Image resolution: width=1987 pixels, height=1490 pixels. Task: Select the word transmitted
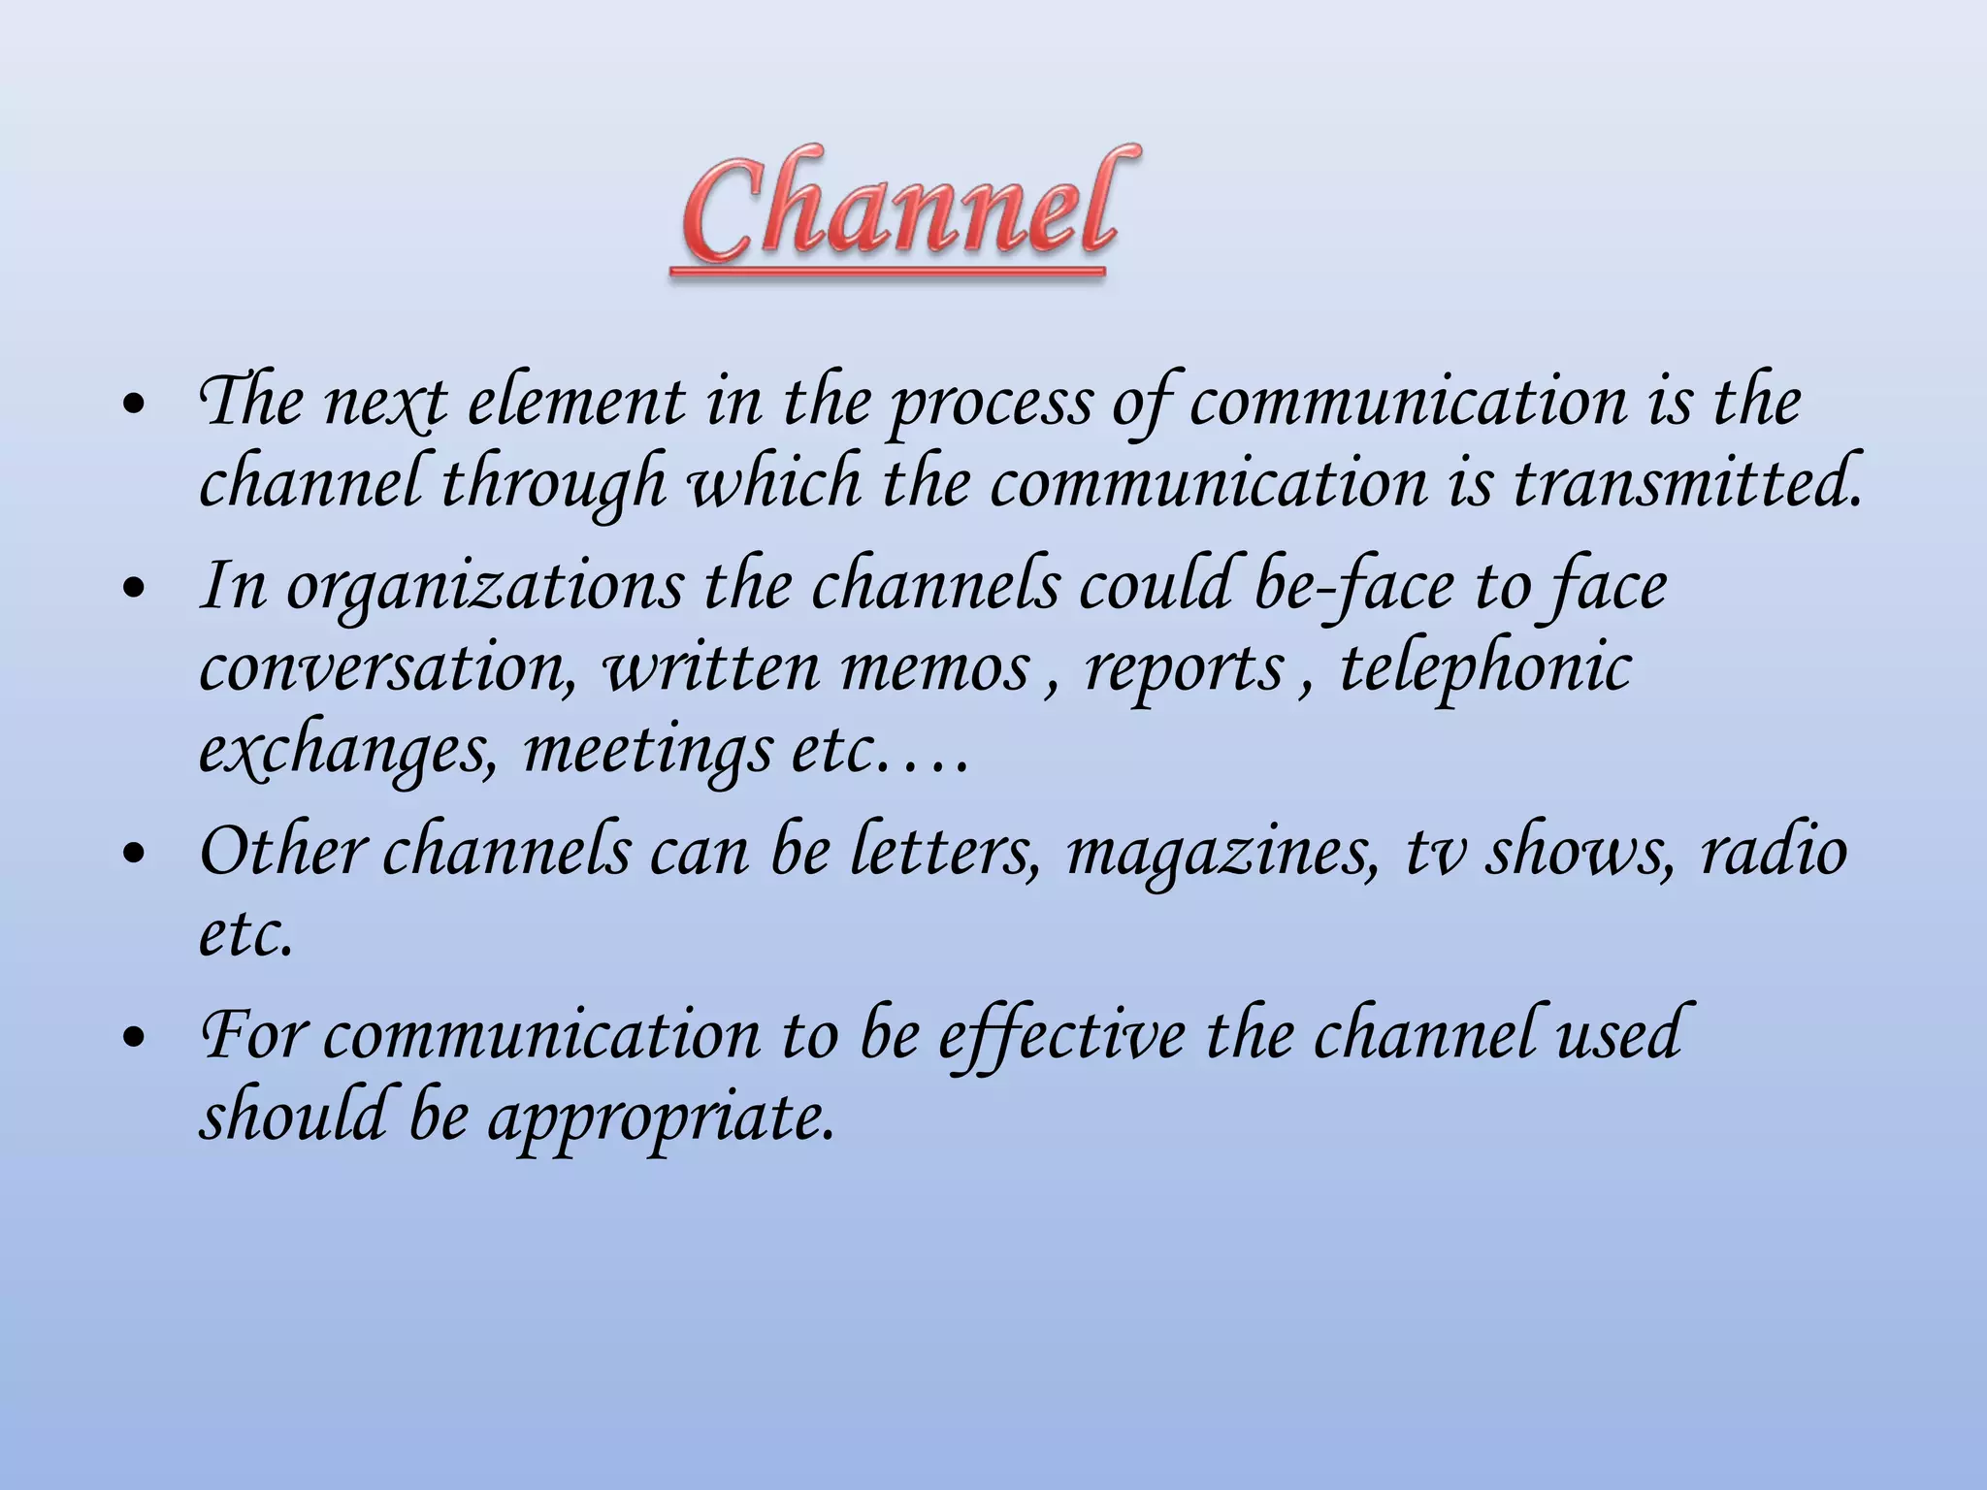(1687, 482)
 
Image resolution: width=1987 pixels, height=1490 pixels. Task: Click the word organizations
(484, 588)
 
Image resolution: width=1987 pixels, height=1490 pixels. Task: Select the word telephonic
(1485, 669)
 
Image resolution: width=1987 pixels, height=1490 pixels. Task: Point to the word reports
(1185, 670)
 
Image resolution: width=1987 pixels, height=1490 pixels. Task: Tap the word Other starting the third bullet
(282, 851)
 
